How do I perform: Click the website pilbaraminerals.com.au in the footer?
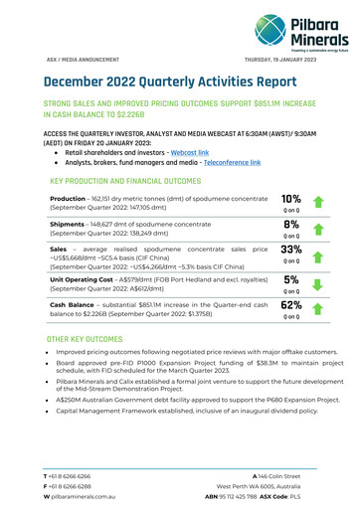(63, 497)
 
